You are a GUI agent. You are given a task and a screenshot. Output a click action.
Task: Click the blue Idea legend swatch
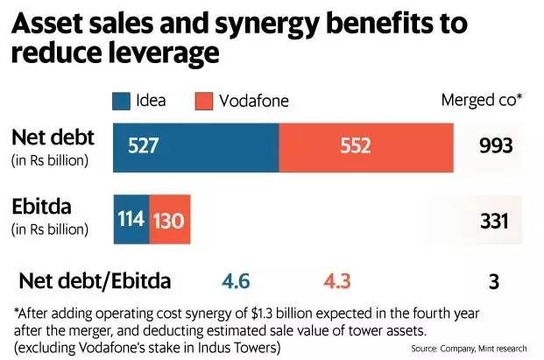click(x=121, y=101)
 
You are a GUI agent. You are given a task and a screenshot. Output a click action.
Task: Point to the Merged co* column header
click(x=481, y=101)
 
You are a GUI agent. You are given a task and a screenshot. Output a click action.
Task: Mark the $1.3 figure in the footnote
click(x=284, y=313)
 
